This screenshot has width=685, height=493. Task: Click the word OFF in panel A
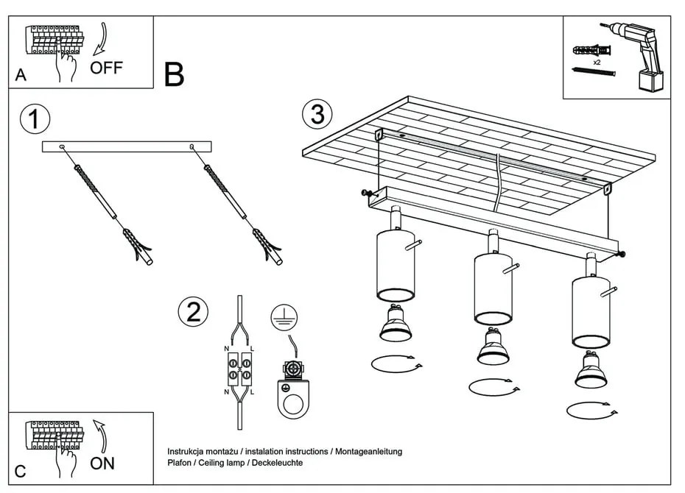pos(106,68)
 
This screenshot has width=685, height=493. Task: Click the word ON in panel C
pos(102,464)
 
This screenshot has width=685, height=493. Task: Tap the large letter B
pos(174,75)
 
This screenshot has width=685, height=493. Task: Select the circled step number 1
pos(35,119)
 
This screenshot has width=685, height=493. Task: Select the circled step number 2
pos(193,313)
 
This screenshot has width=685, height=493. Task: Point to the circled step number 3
pos(317,115)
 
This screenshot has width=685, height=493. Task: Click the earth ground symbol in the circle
pos(281,316)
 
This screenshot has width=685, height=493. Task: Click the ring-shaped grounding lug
pos(293,402)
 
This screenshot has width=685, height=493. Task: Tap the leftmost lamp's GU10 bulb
pos(396,324)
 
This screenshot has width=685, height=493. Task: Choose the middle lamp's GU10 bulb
pos(493,347)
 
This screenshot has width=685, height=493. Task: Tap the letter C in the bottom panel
pos(21,470)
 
